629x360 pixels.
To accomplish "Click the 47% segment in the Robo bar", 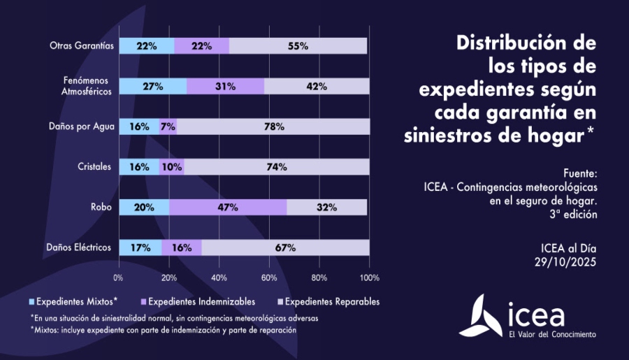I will [228, 207].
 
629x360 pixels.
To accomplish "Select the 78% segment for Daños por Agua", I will [273, 127].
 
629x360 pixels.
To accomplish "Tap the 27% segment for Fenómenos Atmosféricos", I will [152, 86].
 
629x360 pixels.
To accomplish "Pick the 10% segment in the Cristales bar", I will [171, 167].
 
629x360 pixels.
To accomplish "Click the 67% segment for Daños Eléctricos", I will [285, 247].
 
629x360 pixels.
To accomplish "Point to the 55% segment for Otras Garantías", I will [298, 46].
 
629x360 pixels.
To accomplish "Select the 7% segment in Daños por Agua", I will [168, 127].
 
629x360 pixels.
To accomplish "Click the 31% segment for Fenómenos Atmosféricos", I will [225, 86].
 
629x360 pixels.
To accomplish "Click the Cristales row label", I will [94, 167].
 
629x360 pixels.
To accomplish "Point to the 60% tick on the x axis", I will [269, 278].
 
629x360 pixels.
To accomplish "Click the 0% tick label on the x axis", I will [118, 278].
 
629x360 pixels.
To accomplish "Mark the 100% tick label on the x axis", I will [369, 278].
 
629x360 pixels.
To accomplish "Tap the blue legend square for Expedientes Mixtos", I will [32, 302].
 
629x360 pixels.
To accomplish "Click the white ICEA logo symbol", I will [486, 315].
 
